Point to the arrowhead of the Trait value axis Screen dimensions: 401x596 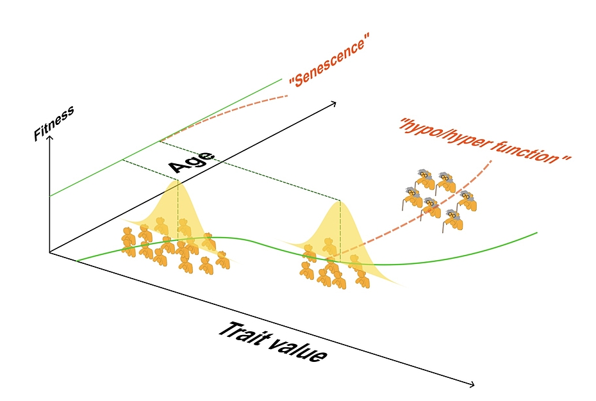pos(472,385)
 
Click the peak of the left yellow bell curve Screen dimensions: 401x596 pos(178,182)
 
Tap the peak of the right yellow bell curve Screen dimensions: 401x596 pos(339,202)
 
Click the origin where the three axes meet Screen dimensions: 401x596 pos(49,252)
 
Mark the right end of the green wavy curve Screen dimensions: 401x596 pos(536,233)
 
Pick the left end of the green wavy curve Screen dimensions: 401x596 pos(77,261)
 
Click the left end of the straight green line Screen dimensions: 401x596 pos(49,195)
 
